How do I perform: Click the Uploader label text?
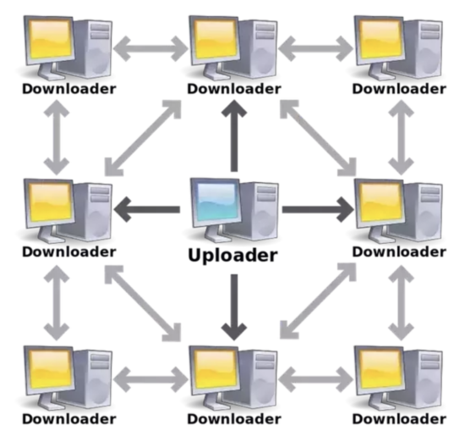coord(232,256)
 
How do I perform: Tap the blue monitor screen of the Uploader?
coord(216,202)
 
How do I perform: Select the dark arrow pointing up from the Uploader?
coord(234,135)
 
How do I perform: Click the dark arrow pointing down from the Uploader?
coord(234,307)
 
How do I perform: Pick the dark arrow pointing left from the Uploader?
coord(147,209)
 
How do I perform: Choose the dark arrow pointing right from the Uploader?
coord(318,209)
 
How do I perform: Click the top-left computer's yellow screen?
coord(51,39)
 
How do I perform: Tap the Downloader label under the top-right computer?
coord(399,89)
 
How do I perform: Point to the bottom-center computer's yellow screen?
coord(216,369)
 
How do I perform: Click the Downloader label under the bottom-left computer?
coord(69,419)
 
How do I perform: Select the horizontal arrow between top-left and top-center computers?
coord(150,49)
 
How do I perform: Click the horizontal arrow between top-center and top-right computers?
coord(316,49)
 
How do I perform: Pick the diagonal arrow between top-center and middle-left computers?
coord(143,138)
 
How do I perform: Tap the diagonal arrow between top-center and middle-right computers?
coord(318,138)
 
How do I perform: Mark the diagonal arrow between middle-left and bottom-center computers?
coord(143,303)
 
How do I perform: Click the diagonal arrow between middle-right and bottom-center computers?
coord(318,301)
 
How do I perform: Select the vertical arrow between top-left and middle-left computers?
coord(57,137)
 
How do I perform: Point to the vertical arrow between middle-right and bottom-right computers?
coord(402,302)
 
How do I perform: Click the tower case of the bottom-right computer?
coord(421,378)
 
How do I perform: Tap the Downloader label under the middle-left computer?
coord(69,251)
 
